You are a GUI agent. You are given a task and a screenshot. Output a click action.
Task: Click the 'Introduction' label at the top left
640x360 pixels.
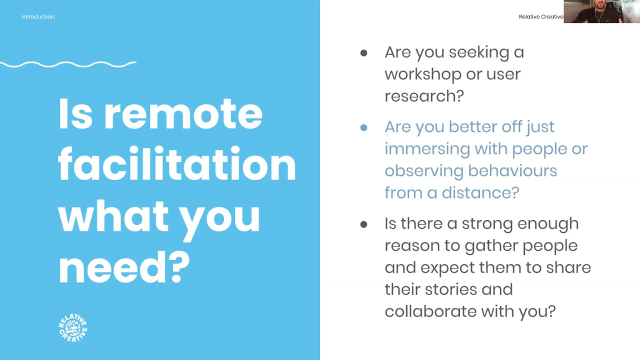click(x=38, y=17)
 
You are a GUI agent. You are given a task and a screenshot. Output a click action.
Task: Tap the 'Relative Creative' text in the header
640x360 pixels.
click(x=540, y=17)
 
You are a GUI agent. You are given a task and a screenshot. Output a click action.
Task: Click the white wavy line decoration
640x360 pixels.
click(x=68, y=64)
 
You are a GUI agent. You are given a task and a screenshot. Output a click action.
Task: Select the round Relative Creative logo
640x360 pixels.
click(x=73, y=328)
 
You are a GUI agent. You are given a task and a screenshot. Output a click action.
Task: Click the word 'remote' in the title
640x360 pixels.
click(x=183, y=114)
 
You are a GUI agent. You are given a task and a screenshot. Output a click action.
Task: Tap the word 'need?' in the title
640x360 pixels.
click(x=124, y=267)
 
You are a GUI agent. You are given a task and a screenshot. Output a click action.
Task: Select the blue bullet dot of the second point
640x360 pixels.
click(x=363, y=127)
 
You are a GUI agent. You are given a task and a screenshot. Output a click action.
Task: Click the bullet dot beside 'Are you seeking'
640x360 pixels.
click(x=363, y=53)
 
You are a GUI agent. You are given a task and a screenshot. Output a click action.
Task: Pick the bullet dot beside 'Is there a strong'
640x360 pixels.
click(x=363, y=224)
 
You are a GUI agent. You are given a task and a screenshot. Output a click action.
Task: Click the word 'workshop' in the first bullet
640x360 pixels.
click(x=421, y=74)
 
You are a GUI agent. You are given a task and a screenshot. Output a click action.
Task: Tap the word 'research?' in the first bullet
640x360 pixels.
click(x=424, y=96)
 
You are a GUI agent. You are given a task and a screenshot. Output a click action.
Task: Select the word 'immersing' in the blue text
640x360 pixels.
click(x=427, y=149)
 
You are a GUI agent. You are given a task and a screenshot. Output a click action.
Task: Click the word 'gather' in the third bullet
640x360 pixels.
click(x=491, y=245)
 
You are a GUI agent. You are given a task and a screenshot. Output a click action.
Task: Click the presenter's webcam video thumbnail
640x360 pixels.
click(x=601, y=11)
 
